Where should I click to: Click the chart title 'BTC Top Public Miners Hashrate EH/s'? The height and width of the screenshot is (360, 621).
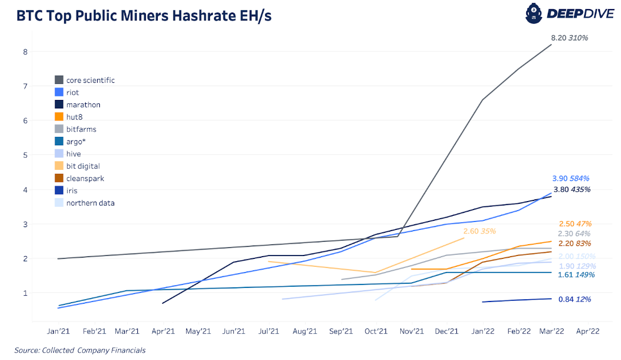(144, 16)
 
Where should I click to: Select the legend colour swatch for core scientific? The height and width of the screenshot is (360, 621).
(58, 80)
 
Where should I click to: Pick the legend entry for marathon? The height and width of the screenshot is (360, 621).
(83, 104)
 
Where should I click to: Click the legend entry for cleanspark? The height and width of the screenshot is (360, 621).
(85, 178)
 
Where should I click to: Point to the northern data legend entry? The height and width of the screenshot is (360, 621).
(90, 203)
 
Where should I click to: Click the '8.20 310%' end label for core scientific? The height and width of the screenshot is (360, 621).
(569, 38)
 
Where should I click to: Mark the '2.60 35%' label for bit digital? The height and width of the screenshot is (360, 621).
(480, 231)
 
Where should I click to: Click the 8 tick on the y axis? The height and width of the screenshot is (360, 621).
(25, 52)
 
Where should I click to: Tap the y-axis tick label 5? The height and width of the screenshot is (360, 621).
(25, 155)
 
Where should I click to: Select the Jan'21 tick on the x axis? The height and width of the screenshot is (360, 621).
(59, 331)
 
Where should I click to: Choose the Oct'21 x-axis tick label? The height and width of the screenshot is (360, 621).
(375, 331)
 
